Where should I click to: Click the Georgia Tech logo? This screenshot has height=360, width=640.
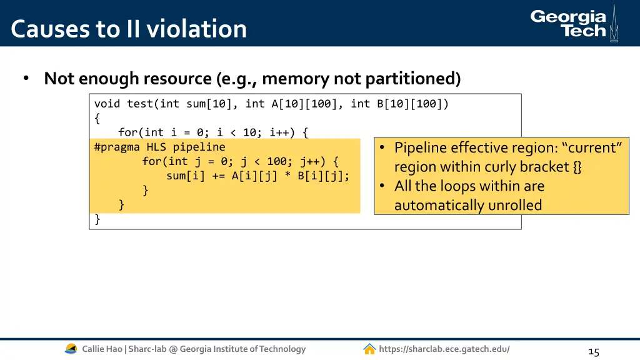[x=574, y=24]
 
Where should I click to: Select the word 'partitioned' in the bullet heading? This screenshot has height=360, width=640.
[x=412, y=79]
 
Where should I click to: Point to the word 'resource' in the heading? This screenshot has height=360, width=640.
[x=178, y=79]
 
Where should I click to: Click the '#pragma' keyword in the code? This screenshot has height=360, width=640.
[x=117, y=147]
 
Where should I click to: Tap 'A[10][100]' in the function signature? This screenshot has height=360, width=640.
[x=307, y=104]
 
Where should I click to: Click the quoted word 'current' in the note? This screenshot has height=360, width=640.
[x=591, y=147]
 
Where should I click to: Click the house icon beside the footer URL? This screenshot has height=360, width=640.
[x=369, y=349]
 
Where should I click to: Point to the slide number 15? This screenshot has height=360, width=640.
[x=593, y=352]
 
